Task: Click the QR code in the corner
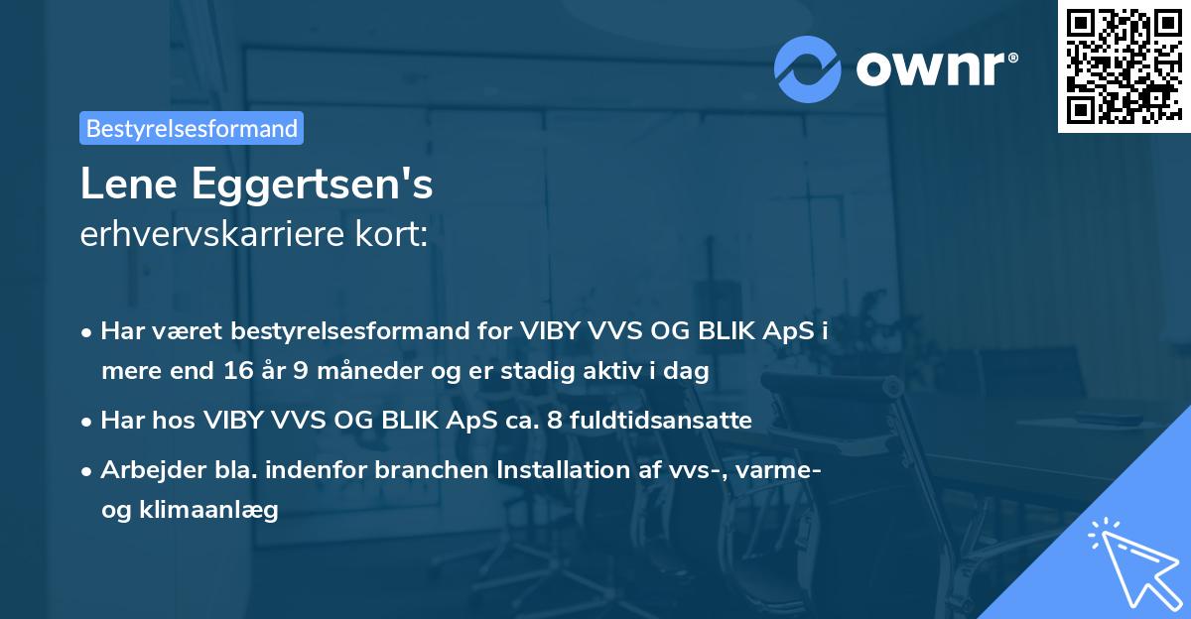click(1124, 66)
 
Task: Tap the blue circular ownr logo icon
click(808, 68)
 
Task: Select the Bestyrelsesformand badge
click(192, 128)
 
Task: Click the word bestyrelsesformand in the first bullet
click(338, 332)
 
